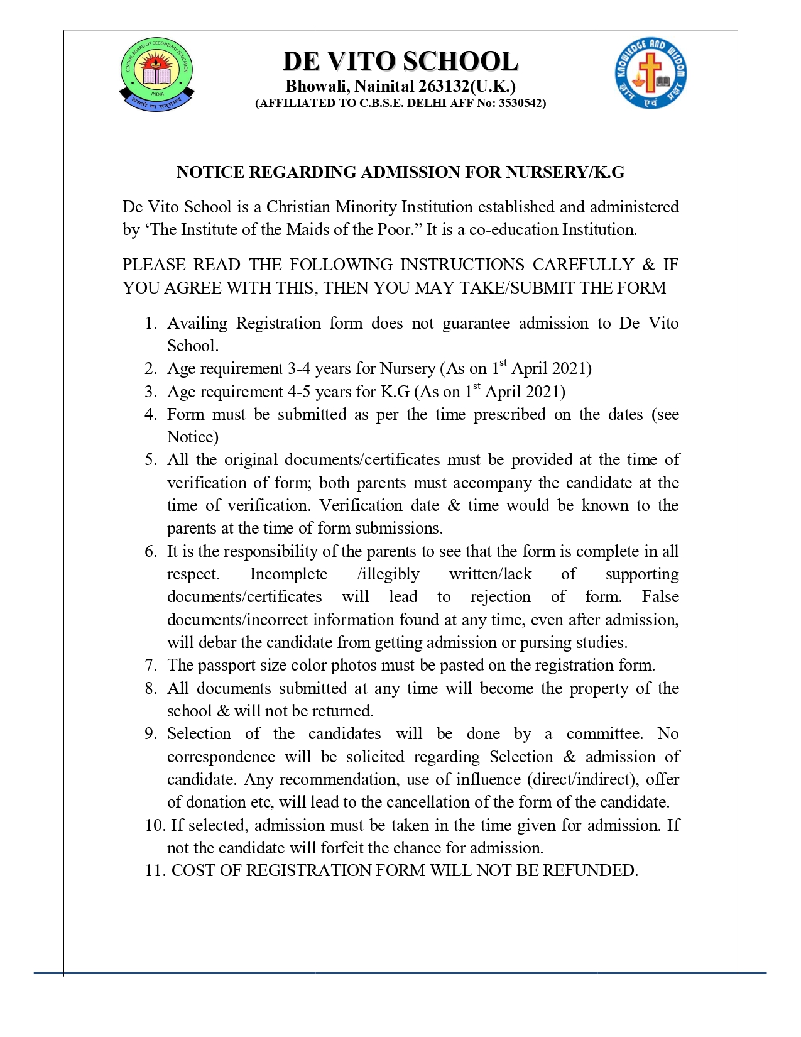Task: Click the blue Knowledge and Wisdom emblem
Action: [650, 72]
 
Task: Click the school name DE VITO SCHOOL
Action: [400, 62]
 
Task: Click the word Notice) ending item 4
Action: [192, 437]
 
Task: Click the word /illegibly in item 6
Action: [388, 574]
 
